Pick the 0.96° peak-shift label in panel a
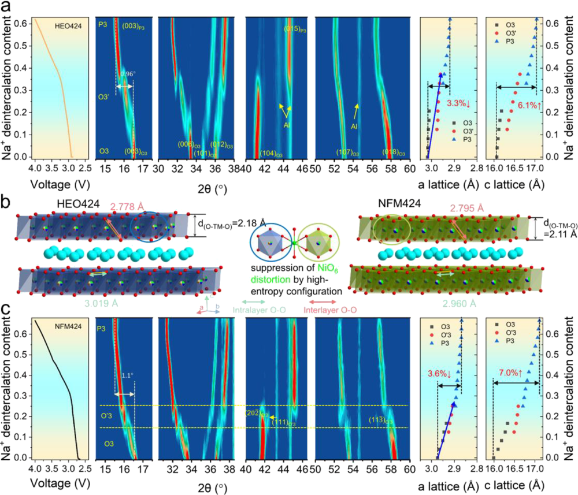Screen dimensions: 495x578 click(127, 74)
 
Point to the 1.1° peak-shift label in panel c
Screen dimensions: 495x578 click(127, 375)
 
